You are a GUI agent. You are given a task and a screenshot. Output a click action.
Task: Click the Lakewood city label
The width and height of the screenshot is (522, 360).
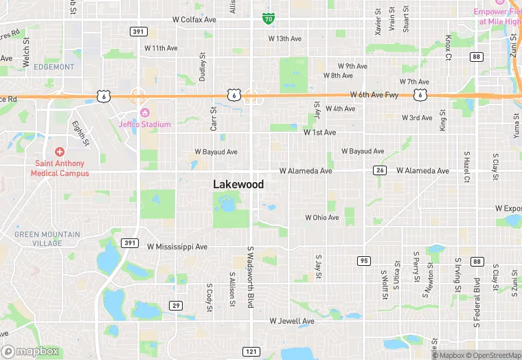click(x=238, y=184)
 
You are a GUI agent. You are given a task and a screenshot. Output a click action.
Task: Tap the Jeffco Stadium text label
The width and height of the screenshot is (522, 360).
click(x=145, y=124)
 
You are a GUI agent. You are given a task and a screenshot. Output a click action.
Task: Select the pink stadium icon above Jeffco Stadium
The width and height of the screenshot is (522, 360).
click(x=145, y=113)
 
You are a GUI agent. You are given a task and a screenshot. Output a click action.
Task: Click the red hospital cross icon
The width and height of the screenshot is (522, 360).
click(x=60, y=151)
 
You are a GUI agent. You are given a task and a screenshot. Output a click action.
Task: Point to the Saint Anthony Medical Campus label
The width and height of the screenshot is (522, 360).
click(x=60, y=168)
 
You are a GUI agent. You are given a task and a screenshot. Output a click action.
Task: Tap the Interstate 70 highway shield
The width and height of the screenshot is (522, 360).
click(x=268, y=18)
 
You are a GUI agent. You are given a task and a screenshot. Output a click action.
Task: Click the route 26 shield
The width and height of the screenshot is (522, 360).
click(x=379, y=170)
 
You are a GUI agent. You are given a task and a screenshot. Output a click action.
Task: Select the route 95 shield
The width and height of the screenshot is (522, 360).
click(x=364, y=260)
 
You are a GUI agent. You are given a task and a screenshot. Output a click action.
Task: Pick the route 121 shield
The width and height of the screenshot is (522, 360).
click(x=251, y=351)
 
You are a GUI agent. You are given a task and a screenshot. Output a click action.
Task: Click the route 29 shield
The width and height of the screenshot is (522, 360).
click(x=177, y=305)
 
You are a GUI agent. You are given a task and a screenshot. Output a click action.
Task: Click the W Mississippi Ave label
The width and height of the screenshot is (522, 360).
click(x=177, y=247)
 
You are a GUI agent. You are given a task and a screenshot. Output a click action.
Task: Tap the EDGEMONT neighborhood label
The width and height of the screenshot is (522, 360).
click(x=54, y=67)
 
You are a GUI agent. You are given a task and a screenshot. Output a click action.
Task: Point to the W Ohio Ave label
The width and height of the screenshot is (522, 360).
click(x=322, y=218)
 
